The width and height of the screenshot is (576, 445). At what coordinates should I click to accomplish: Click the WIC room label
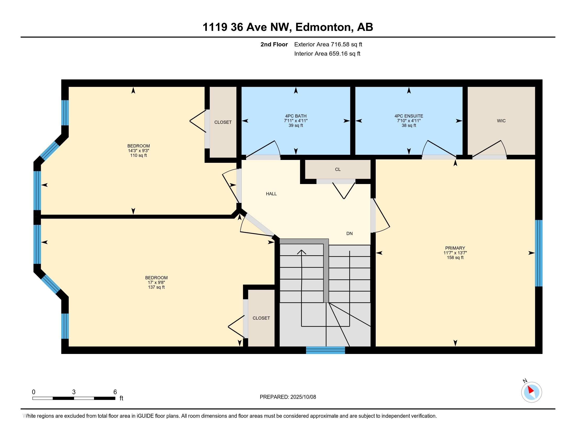tap(501, 121)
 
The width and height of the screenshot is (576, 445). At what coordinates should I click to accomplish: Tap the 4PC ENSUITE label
tap(409, 116)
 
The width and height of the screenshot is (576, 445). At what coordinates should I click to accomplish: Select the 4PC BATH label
tap(296, 116)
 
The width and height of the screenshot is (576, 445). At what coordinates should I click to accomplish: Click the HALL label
tap(271, 194)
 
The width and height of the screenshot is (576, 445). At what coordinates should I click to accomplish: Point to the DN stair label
tap(350, 233)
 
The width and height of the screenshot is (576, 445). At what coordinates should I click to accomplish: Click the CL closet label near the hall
tap(338, 169)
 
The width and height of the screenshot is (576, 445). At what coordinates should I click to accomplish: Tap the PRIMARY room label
tap(455, 248)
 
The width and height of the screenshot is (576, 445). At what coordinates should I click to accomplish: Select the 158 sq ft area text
tap(455, 258)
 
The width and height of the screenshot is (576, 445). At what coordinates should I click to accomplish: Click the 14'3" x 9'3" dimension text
tap(139, 151)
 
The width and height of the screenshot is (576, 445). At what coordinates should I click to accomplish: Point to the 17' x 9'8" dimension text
tap(156, 282)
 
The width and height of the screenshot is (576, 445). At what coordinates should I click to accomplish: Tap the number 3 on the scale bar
tap(74, 392)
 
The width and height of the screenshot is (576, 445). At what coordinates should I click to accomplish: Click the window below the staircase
tap(325, 350)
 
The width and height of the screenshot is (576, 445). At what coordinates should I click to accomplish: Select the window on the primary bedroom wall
tap(539, 253)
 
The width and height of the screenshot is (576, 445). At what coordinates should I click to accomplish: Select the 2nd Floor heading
tap(274, 44)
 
